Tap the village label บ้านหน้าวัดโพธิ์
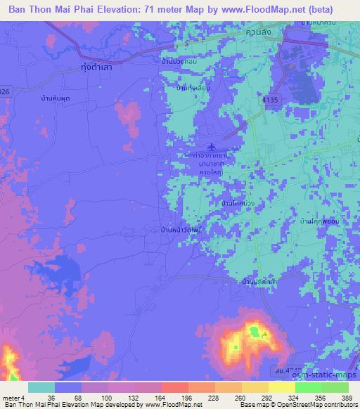[x=183, y=229]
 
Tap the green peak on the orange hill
[x=251, y=330]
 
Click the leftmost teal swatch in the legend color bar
[x=41, y=387]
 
